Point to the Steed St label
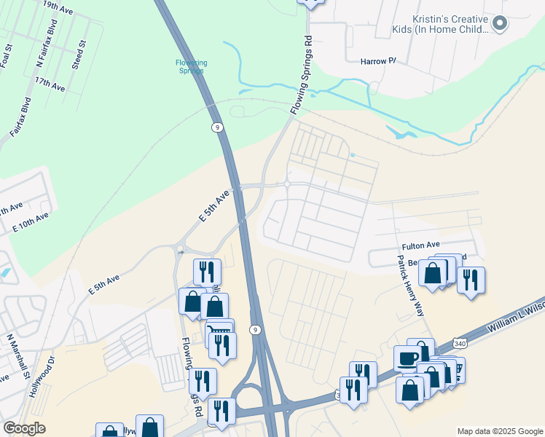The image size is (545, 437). [79, 55]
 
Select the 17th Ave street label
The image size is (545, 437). [50, 84]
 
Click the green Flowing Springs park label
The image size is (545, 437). [192, 66]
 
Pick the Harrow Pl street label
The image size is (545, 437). [378, 61]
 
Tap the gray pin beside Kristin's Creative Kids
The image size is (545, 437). [500, 23]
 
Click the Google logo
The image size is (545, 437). [24, 428]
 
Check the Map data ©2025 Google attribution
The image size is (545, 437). [499, 431]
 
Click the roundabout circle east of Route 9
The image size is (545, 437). [288, 184]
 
